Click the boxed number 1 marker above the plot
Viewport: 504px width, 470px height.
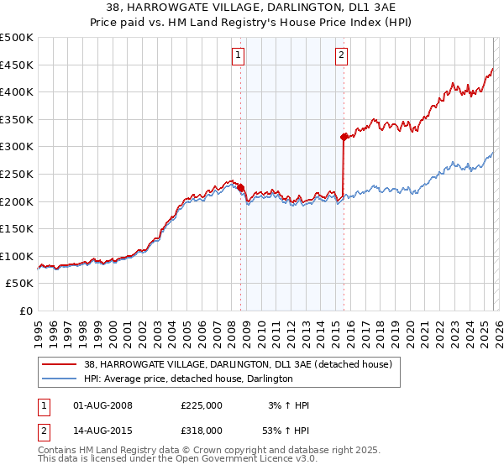(239, 56)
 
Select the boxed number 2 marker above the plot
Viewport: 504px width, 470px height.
(342, 56)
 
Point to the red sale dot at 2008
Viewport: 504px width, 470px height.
(240, 188)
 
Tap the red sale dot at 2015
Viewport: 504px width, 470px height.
(344, 137)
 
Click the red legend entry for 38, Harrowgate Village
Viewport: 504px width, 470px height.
(238, 364)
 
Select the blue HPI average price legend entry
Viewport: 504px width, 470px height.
(188, 379)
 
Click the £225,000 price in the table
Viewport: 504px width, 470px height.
(201, 405)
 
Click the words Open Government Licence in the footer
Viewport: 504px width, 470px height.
(238, 459)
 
